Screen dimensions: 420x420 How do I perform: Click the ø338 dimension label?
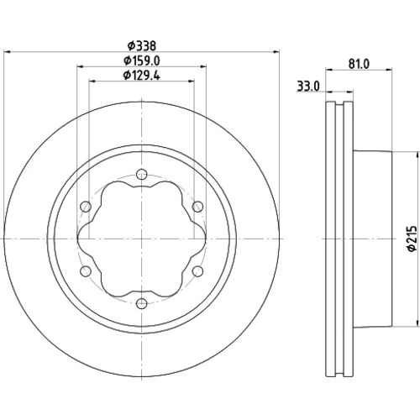[x=142, y=45]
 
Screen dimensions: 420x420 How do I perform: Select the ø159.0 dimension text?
[x=142, y=60]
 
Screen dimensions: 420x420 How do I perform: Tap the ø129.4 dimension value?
[x=142, y=76]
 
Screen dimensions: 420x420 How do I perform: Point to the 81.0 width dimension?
[x=359, y=64]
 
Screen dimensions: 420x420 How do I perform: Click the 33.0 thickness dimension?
[x=308, y=87]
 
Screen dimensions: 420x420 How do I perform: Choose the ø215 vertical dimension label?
[x=412, y=239]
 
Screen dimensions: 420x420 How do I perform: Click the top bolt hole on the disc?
[x=142, y=174]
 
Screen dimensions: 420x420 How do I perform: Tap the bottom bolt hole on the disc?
[x=142, y=303]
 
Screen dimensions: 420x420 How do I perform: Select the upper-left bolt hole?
[x=86, y=207]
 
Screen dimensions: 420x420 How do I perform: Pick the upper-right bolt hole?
[x=197, y=207]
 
